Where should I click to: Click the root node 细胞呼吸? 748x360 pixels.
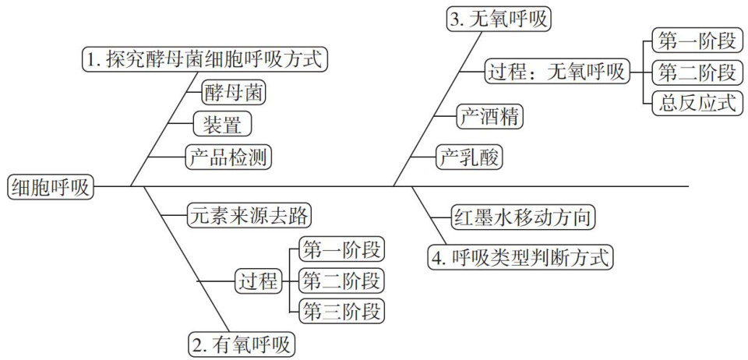point(49,187)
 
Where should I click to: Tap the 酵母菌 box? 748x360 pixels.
point(233,93)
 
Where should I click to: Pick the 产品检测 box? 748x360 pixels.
point(227,158)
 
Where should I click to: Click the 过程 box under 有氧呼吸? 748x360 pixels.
point(256,281)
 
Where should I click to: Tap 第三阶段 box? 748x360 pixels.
point(342,312)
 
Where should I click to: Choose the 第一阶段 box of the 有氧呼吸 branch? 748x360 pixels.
point(342,251)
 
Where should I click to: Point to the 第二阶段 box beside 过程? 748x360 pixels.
point(342,281)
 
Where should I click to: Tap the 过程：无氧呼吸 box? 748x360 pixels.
point(556,72)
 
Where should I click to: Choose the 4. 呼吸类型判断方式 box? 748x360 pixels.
point(520,256)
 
